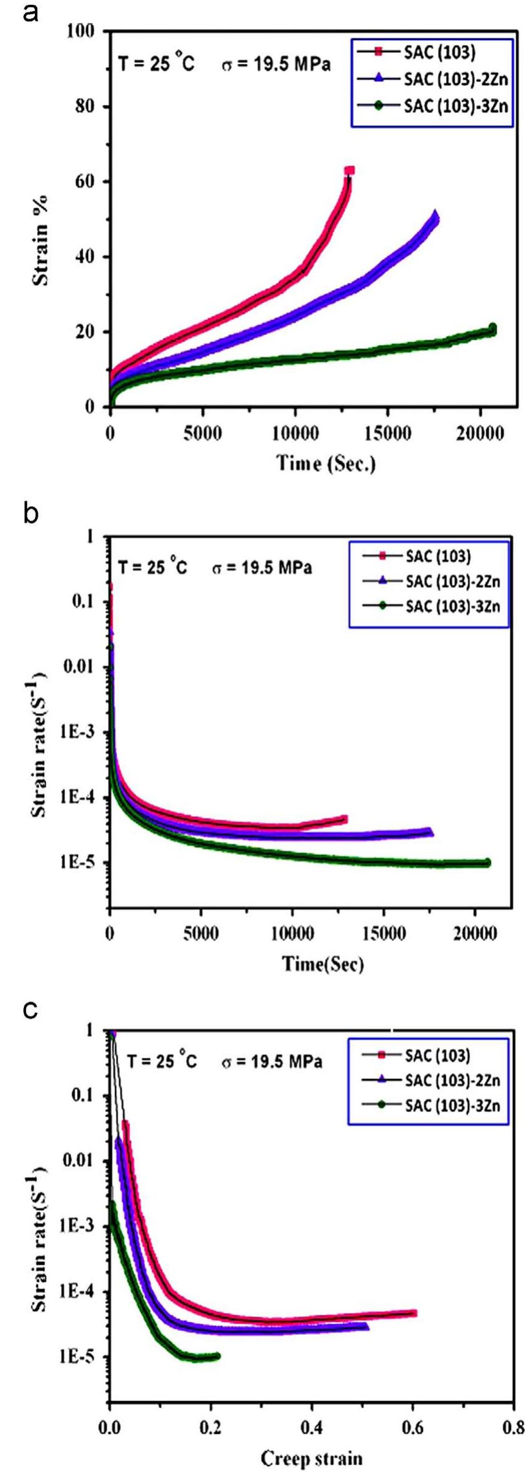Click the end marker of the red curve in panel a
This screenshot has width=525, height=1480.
tap(350, 171)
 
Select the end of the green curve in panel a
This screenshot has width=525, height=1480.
tap(492, 328)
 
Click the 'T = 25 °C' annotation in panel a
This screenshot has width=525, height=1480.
tap(156, 63)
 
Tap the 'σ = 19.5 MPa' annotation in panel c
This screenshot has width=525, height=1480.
tap(271, 1062)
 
